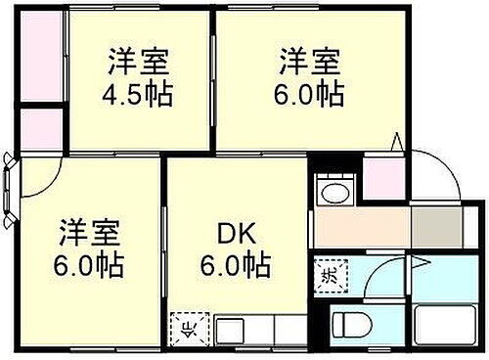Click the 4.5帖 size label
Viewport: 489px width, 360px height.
(x=138, y=95)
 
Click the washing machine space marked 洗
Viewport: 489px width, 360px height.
(x=331, y=273)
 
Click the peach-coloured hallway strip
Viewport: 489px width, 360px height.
(x=362, y=228)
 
